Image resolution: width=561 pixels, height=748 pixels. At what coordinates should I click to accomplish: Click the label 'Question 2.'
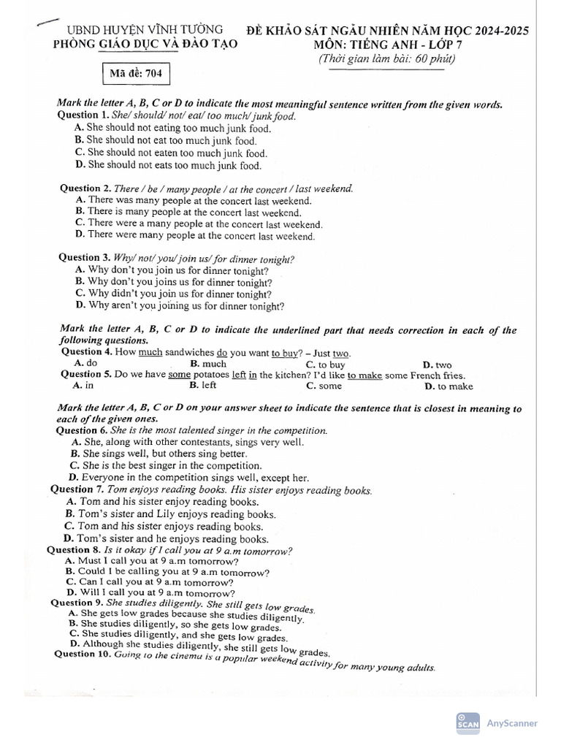coord(85,188)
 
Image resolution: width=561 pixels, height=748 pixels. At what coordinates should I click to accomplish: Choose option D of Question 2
coord(195,236)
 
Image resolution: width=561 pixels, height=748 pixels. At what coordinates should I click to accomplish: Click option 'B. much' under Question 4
coord(208,364)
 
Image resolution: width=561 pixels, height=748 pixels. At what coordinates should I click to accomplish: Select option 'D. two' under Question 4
coord(438,365)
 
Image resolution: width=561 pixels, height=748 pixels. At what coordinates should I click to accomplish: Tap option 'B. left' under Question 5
coord(203,385)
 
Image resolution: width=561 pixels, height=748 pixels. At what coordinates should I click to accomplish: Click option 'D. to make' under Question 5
coord(449,386)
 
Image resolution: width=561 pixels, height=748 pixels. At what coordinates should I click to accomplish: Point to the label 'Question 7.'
coord(77,489)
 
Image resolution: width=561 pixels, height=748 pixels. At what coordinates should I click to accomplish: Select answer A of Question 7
coord(162,502)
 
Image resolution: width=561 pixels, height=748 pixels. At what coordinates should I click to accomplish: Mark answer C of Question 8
coord(150,582)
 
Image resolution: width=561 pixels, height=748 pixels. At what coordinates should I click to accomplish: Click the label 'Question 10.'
coord(82,654)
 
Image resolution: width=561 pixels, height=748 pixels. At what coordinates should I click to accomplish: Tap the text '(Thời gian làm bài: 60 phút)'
coord(386,59)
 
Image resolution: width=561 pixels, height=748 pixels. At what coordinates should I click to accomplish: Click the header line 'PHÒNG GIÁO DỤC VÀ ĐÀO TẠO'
coord(146,45)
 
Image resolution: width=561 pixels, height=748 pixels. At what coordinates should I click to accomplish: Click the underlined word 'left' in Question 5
coord(239,375)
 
